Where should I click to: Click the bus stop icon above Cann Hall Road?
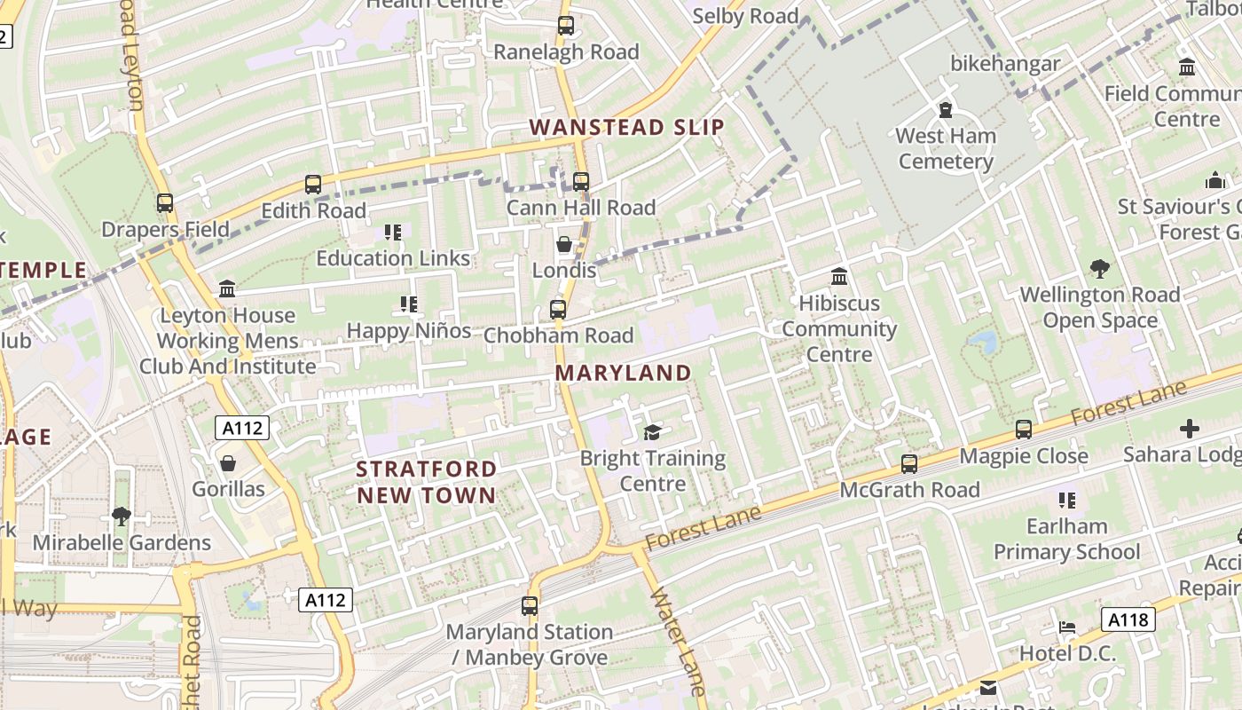tap(581, 182)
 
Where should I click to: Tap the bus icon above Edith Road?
tap(313, 185)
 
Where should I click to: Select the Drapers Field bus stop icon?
tap(165, 203)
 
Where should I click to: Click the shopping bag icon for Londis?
tap(563, 244)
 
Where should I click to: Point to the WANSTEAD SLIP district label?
tap(627, 127)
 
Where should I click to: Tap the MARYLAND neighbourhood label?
tap(623, 374)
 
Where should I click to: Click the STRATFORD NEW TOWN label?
tap(427, 482)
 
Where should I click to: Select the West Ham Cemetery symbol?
tap(946, 111)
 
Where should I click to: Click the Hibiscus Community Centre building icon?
tap(839, 277)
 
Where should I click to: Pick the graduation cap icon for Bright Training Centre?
tap(653, 432)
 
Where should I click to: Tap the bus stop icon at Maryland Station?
tap(530, 606)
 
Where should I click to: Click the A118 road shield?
tap(1128, 619)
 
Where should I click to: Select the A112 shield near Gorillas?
tap(242, 429)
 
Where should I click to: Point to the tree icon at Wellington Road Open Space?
tap(1100, 269)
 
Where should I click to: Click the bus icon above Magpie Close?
tap(1024, 430)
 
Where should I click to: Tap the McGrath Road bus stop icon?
tap(909, 464)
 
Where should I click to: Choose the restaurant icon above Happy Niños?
tap(409, 305)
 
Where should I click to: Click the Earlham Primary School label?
tap(1066, 539)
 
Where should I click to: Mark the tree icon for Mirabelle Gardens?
tap(122, 517)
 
